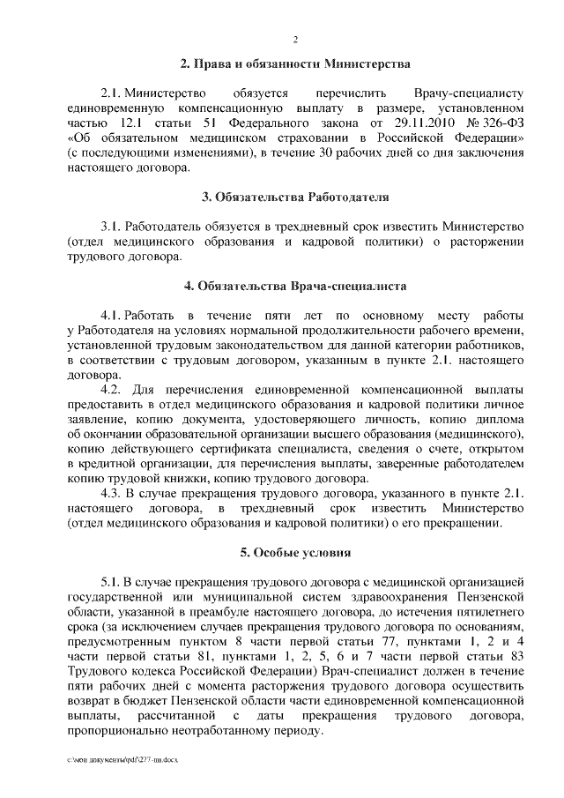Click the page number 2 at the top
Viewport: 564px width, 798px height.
296,39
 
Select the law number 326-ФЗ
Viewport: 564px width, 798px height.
501,123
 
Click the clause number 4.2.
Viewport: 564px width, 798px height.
112,390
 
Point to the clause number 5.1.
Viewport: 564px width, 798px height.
112,584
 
